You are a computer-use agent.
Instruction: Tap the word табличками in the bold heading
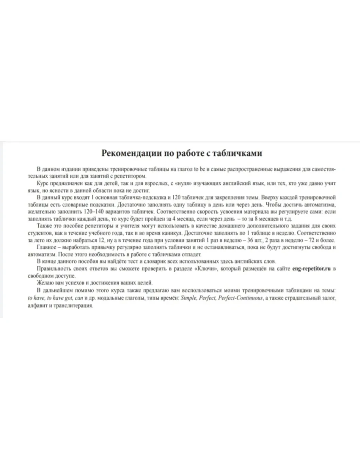coord(239,153)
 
